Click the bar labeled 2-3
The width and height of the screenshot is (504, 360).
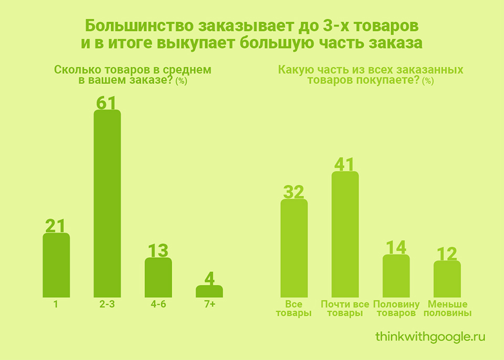(107, 205)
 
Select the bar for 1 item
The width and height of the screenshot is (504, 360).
(56, 266)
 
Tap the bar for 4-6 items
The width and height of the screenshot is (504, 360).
(158, 278)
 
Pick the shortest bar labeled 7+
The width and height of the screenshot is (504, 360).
(209, 292)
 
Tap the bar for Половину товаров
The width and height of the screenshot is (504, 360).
(396, 276)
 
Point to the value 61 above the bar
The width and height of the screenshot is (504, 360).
(107, 102)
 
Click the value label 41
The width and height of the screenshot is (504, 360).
(345, 164)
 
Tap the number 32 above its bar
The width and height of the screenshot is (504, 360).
(294, 192)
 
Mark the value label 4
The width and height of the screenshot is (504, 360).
(209, 278)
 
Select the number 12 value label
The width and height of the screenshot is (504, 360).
(447, 253)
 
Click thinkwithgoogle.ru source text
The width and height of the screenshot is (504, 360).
(430, 336)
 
